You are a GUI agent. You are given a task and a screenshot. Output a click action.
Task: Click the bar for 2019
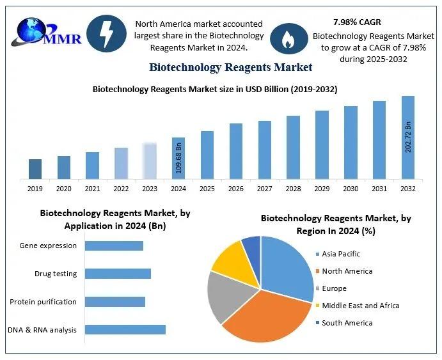(35, 169)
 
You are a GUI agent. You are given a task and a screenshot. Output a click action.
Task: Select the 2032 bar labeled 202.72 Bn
(407, 137)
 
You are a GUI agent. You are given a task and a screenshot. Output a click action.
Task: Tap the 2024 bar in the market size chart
(178, 158)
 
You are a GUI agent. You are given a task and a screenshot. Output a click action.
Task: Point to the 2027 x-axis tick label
(264, 189)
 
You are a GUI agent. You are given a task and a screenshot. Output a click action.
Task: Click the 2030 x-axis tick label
(351, 189)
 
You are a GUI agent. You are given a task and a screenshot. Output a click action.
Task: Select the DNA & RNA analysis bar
(125, 330)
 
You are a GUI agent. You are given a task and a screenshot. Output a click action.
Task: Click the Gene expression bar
(114, 246)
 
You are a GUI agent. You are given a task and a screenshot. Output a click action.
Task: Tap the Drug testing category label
(56, 274)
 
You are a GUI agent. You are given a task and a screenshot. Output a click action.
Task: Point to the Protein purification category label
(43, 302)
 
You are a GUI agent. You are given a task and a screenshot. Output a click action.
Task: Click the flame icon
(285, 38)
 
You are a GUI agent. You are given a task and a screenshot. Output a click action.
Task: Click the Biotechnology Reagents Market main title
(230, 67)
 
